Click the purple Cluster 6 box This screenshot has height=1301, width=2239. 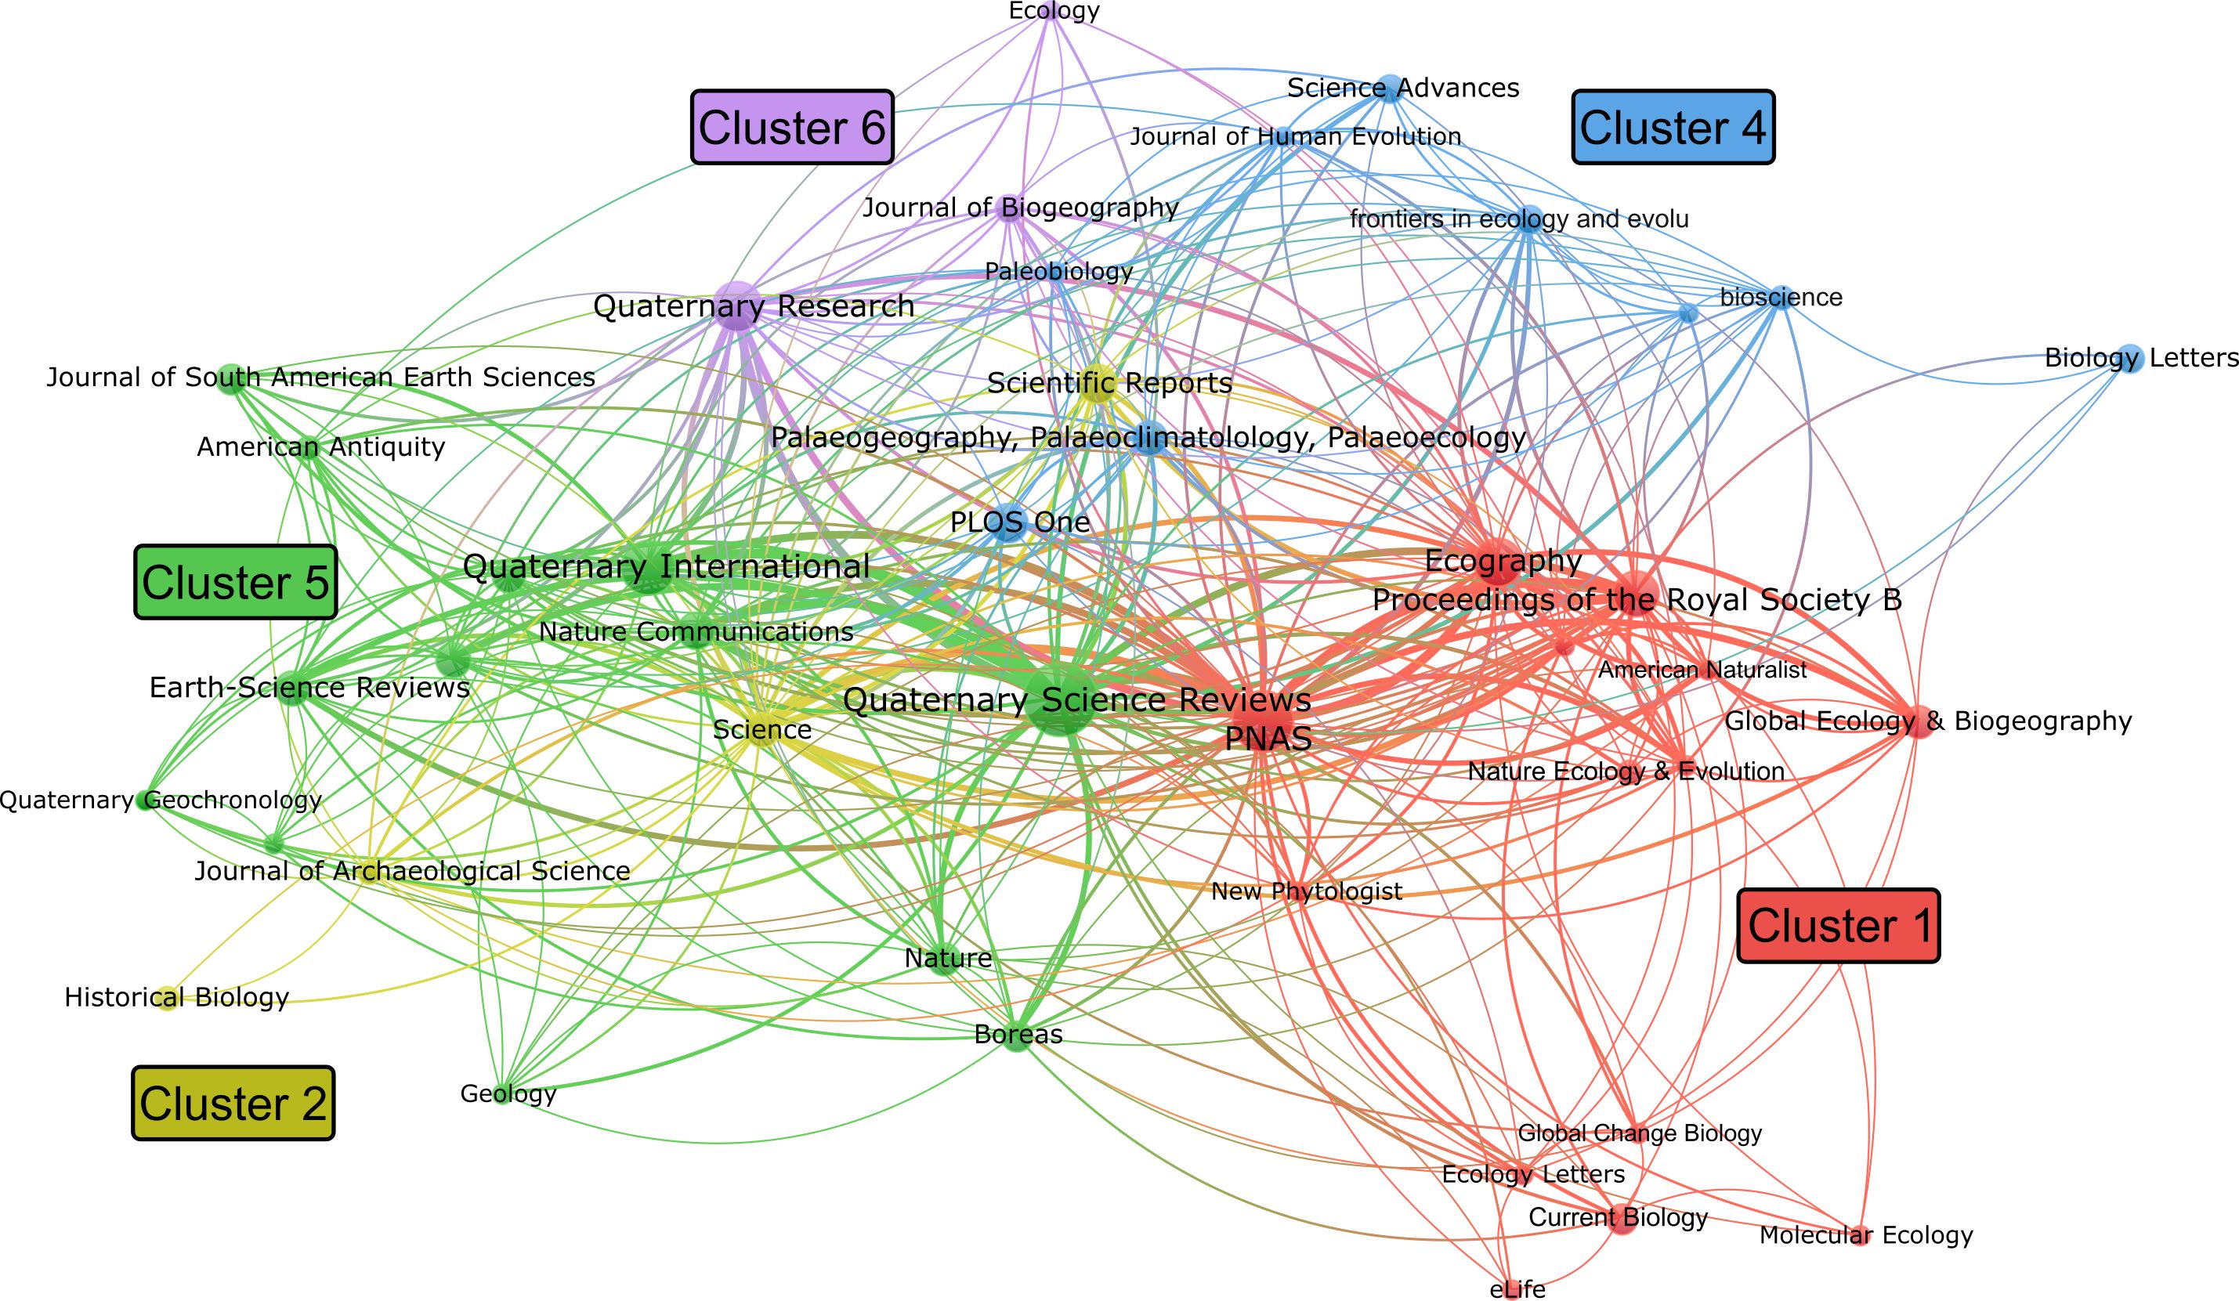point(792,127)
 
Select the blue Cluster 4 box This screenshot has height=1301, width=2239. point(1673,127)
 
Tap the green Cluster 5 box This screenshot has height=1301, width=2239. point(236,582)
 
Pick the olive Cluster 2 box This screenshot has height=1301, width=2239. point(233,1103)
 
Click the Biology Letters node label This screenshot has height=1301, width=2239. point(2140,358)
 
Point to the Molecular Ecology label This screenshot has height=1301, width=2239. point(1866,1235)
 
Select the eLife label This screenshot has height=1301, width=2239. point(1517,1288)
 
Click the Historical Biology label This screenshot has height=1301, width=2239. point(177,997)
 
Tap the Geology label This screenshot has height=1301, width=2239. point(508,1093)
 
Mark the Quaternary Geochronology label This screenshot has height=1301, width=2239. point(160,800)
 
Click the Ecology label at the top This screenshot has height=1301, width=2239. point(1054,11)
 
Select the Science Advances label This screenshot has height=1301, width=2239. point(1403,88)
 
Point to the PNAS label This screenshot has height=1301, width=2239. point(1268,738)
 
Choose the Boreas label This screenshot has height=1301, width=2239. point(1018,1034)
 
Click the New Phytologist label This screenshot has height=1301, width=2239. point(1306,891)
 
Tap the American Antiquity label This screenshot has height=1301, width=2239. point(320,446)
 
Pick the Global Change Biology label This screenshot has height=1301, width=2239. point(1639,1133)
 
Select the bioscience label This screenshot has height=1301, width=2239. point(1781,298)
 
